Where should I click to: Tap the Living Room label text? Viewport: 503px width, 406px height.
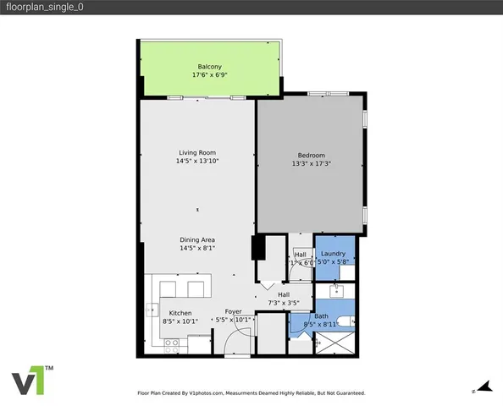[196, 153]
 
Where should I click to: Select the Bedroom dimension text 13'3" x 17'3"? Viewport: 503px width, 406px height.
[311, 164]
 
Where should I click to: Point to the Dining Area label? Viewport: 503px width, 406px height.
[196, 240]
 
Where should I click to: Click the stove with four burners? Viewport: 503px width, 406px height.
[172, 343]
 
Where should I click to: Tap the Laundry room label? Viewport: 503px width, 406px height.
[332, 254]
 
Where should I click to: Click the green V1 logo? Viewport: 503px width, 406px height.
[32, 381]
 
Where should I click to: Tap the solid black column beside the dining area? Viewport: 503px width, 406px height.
[258, 250]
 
